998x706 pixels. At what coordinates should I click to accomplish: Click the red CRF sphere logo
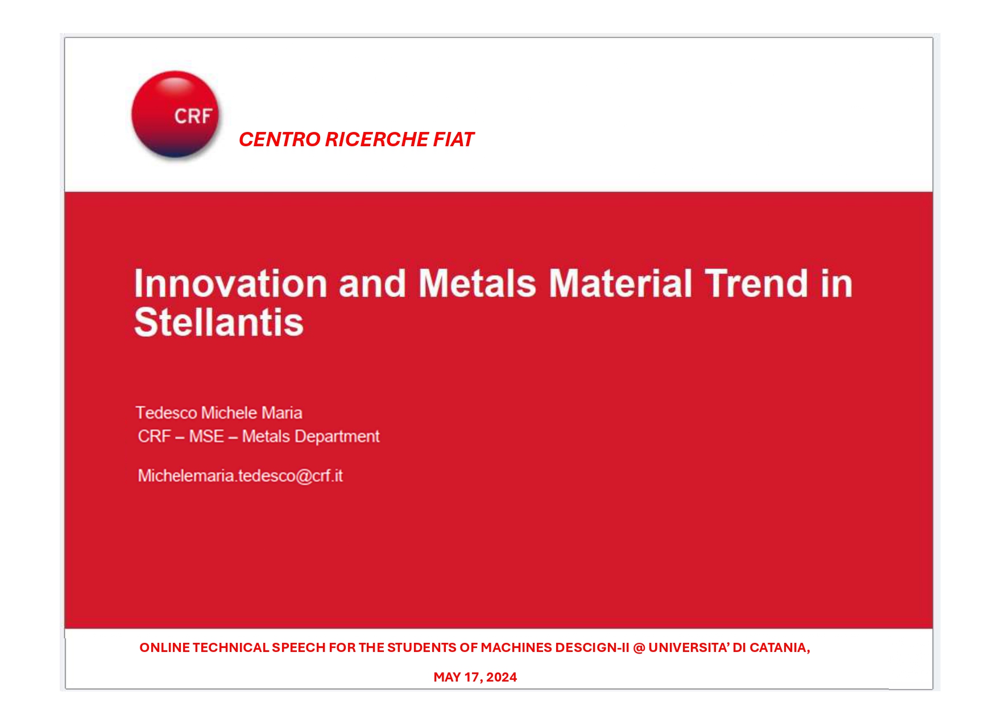point(175,114)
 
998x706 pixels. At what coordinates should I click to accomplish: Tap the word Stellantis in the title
point(219,323)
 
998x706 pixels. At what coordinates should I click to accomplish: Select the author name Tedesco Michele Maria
point(219,412)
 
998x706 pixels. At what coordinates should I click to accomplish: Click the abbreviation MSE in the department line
point(206,436)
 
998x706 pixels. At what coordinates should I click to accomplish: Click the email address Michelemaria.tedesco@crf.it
point(240,476)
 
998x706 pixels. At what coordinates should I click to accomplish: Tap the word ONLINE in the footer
point(164,647)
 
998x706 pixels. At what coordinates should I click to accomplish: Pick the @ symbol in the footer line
point(639,647)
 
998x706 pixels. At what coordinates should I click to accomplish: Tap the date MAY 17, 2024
point(475,677)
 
